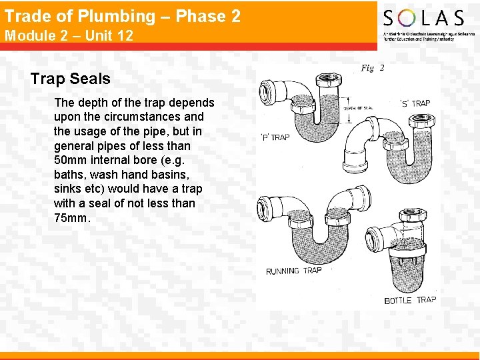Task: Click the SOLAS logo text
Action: pos(423,18)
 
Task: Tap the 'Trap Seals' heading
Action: pos(70,79)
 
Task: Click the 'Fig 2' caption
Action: pos(373,67)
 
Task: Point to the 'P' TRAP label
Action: pos(275,137)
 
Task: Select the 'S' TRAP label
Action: pos(415,103)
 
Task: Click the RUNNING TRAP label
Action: pos(293,271)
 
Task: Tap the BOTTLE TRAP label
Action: pos(410,300)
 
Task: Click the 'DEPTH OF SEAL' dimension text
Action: pos(357,108)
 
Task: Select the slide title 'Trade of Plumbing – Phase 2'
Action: pos(123,16)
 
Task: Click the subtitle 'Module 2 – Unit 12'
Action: pos(69,35)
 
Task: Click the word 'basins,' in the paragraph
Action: pos(173,175)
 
